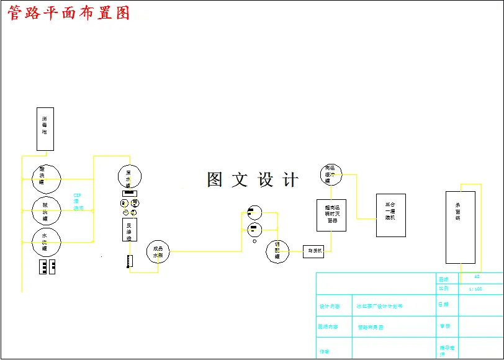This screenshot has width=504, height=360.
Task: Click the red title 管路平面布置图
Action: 68,13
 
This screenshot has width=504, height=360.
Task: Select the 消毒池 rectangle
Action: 45,129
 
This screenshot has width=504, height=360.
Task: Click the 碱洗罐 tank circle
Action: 47,211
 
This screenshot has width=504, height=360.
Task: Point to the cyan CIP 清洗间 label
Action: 78,202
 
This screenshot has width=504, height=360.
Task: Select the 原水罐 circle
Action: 129,177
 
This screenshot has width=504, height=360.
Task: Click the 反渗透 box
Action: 129,229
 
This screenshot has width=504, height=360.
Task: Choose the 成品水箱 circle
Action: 158,251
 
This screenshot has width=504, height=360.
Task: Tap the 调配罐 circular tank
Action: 277,252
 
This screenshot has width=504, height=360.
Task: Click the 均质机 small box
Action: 313,251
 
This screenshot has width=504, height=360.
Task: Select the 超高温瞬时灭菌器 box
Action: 331,214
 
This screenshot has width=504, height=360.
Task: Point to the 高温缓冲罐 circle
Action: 331,174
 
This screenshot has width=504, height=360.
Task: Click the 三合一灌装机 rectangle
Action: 391,215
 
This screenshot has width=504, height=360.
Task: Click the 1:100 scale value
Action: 475,289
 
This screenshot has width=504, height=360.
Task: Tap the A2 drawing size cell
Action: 477,277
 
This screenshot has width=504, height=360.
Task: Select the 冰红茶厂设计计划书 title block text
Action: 379,306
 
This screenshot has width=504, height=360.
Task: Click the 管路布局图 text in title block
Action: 371,326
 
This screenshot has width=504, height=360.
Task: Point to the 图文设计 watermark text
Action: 253,180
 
